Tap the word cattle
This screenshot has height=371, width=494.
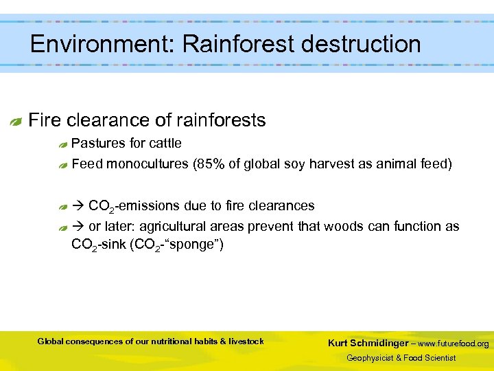tap(165, 144)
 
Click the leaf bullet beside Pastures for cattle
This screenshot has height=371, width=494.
tap(62, 144)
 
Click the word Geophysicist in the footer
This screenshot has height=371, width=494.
tap(375, 358)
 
